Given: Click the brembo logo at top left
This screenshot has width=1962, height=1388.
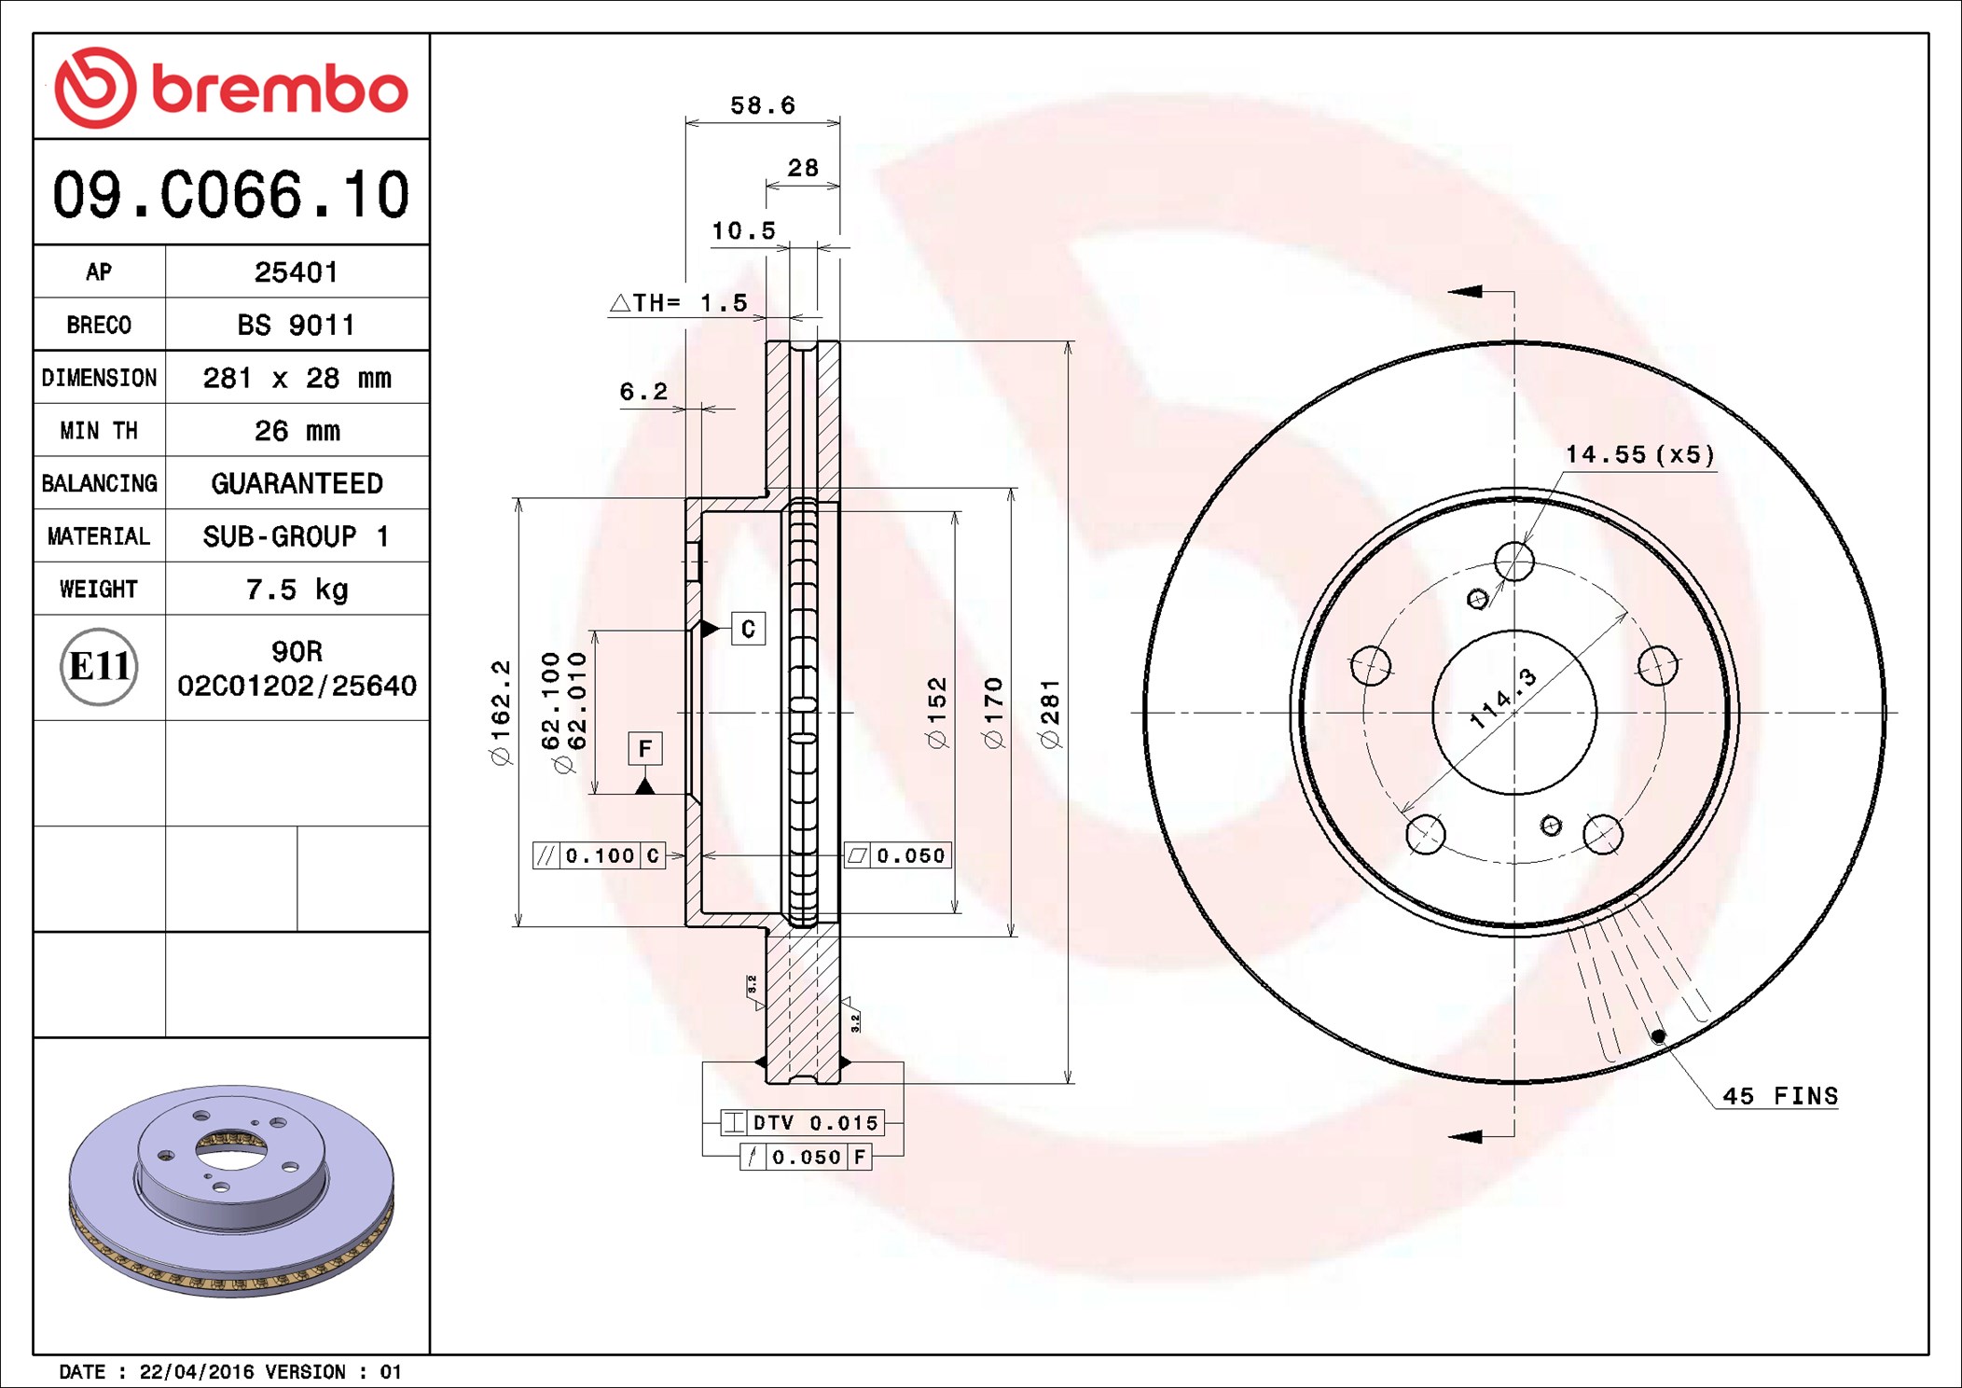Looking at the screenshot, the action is point(231,88).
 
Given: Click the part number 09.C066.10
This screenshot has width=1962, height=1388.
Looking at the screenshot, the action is point(231,195).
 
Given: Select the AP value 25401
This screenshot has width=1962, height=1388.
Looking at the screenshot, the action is point(297,272).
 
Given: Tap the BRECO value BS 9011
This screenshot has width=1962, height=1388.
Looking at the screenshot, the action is point(297,325).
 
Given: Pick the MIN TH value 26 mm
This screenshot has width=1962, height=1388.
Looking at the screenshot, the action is point(297,431).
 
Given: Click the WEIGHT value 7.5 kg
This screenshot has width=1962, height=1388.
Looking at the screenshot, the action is point(297,590).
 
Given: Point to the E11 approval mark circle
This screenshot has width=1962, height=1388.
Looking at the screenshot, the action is point(99,667).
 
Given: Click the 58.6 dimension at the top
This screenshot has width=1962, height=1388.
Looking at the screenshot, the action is point(763,105).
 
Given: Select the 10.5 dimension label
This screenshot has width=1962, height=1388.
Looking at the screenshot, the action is point(743,230).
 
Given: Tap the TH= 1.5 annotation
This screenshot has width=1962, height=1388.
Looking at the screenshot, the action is point(679,302).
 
